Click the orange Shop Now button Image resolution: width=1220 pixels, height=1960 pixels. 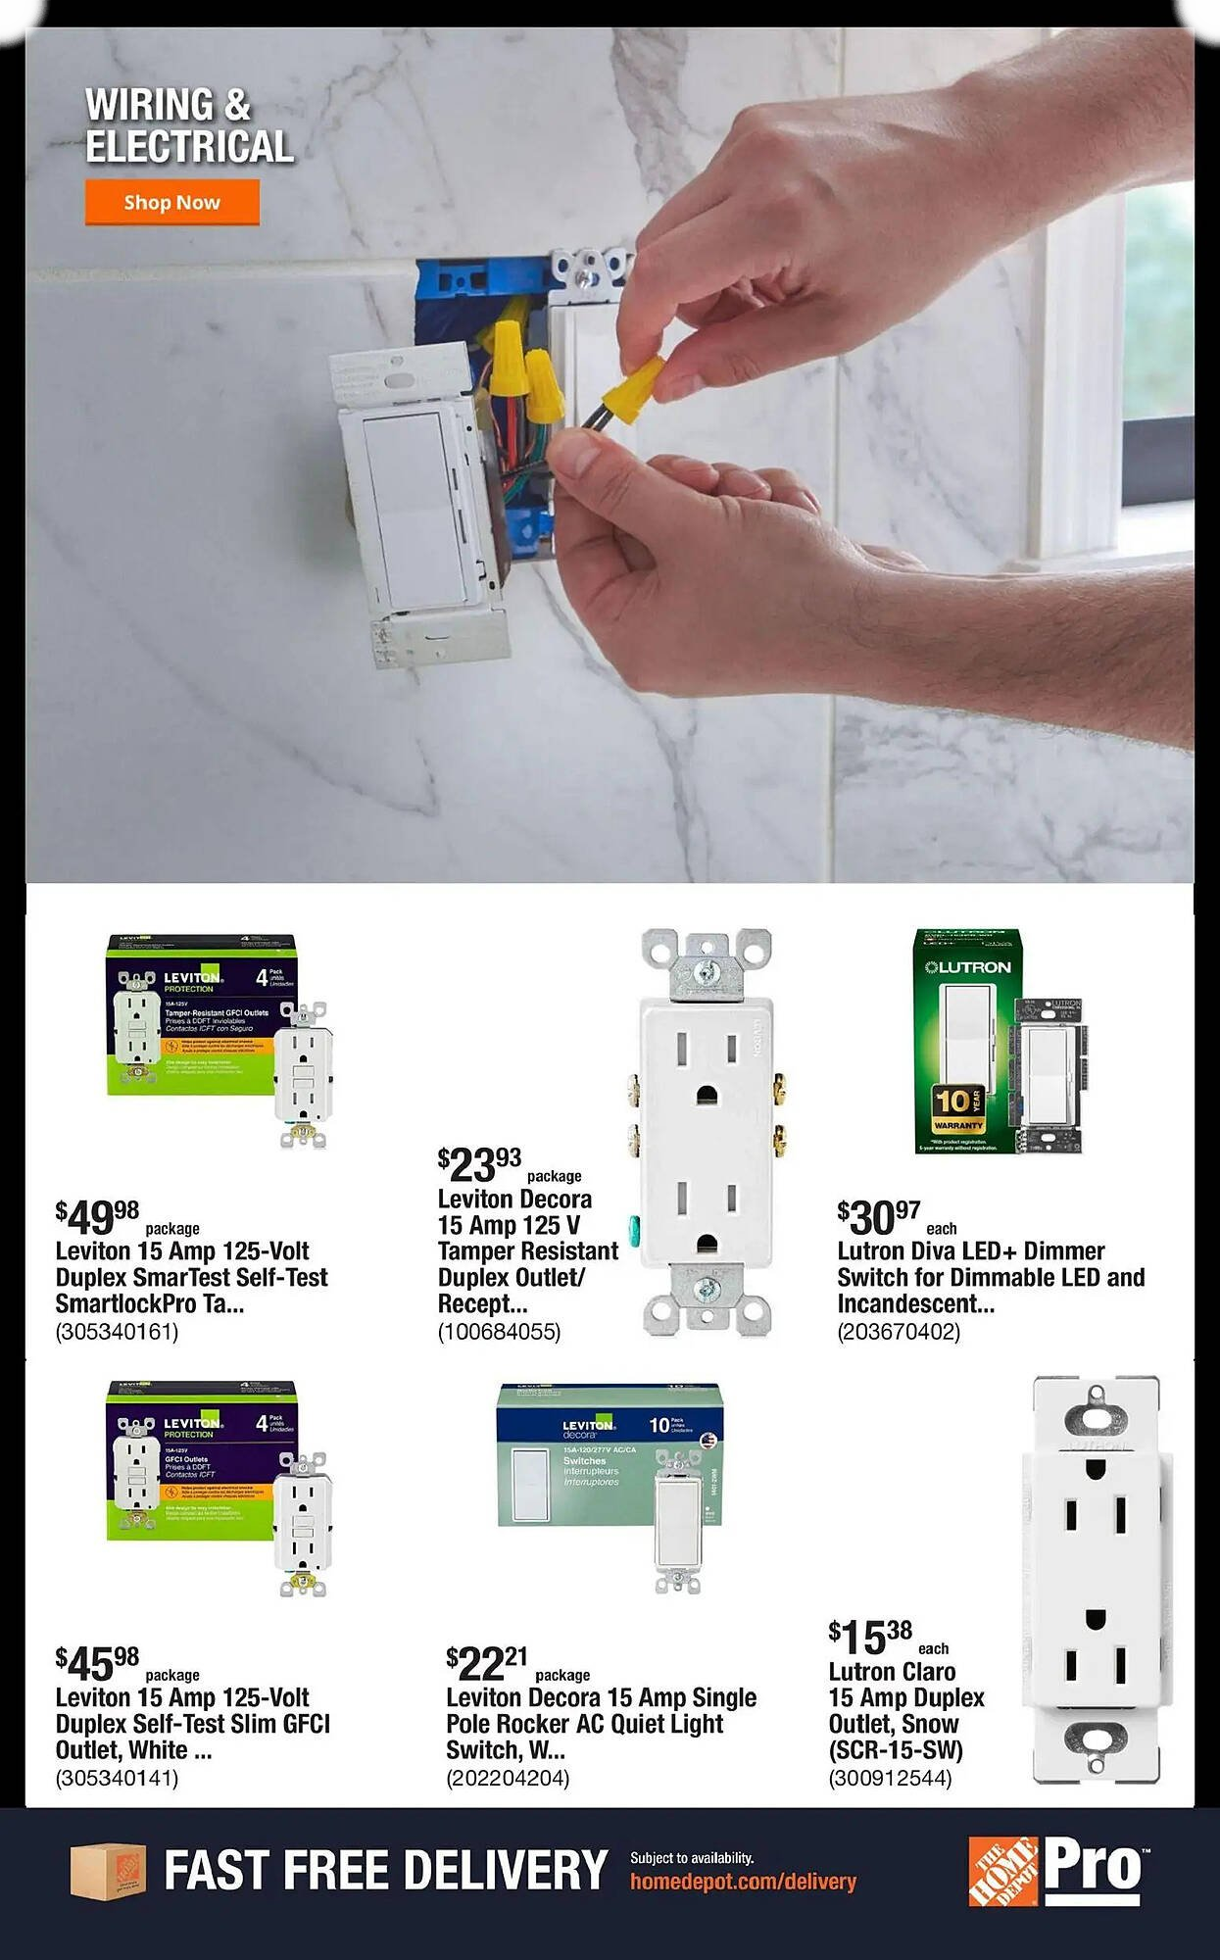[x=171, y=202]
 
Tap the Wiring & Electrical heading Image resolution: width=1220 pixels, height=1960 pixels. [x=188, y=125]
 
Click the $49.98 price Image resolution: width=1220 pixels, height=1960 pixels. [x=98, y=1217]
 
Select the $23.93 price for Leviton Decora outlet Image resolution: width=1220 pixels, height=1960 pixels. [x=480, y=1165]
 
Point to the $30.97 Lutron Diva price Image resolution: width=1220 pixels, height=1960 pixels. [x=879, y=1217]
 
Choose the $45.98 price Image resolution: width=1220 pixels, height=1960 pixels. [x=98, y=1663]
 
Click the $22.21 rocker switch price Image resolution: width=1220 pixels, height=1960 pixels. [x=487, y=1663]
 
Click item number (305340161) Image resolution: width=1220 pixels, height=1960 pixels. [x=118, y=1332]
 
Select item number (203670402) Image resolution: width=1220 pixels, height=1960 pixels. [x=899, y=1332]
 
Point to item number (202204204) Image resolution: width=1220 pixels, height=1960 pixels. [x=508, y=1778]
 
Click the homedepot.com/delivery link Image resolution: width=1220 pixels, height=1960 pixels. [x=743, y=1882]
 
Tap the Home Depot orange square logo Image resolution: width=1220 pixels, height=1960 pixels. [x=1002, y=1871]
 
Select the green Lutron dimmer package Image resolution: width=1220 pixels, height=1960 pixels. [x=966, y=1041]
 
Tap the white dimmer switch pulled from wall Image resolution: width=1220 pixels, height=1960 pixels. [x=412, y=510]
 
